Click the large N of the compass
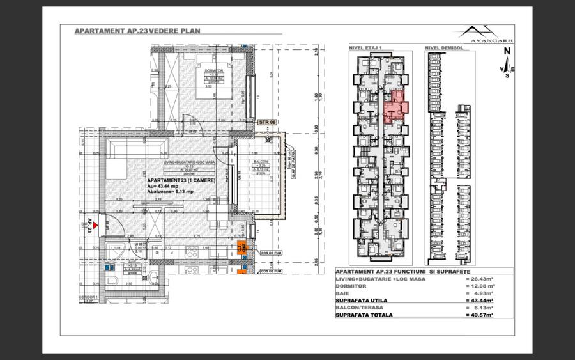coord(507,52)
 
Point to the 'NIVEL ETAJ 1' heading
coord(365,48)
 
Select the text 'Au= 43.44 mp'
coord(166,185)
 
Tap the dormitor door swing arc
coord(190,119)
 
